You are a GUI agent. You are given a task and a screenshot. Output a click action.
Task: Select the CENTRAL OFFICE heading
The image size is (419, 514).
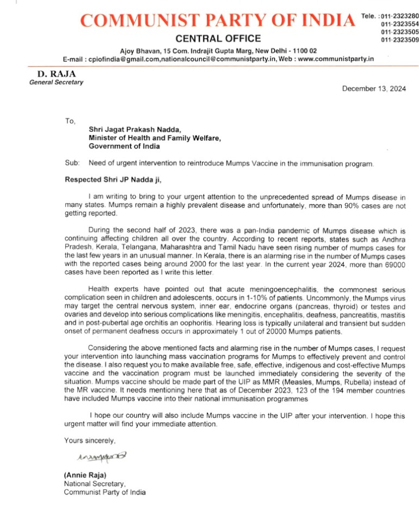point(218,39)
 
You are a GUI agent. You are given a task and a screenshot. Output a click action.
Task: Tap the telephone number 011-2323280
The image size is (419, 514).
point(400,17)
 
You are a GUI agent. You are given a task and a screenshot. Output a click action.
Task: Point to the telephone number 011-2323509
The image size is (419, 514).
point(400,40)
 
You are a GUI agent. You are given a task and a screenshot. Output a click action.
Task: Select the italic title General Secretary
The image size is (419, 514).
point(57,82)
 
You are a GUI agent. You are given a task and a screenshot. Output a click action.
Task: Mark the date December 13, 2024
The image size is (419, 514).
point(373,89)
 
